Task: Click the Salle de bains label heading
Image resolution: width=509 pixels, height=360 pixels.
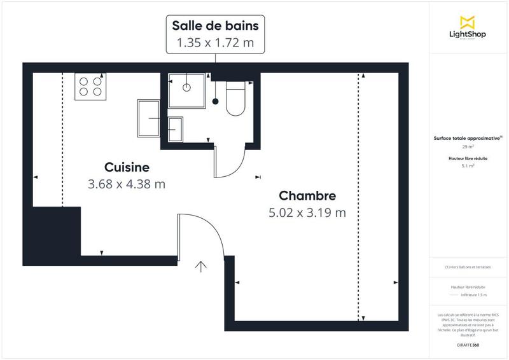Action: click(215, 26)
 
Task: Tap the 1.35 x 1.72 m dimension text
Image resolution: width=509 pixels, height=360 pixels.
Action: click(215, 43)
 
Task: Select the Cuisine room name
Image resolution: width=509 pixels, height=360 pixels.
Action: click(127, 168)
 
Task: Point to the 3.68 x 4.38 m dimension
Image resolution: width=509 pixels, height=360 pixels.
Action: click(127, 184)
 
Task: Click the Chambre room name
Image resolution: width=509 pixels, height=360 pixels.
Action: click(307, 196)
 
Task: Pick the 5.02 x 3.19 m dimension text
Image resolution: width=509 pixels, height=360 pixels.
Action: click(307, 212)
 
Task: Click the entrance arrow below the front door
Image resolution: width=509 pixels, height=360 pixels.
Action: click(203, 267)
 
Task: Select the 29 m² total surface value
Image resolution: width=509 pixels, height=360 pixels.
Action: click(468, 146)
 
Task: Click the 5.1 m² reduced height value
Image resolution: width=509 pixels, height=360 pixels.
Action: click(468, 165)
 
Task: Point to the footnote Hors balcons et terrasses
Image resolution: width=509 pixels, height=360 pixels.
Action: click(468, 267)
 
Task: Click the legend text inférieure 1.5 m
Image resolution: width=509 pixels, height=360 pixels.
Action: click(475, 295)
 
